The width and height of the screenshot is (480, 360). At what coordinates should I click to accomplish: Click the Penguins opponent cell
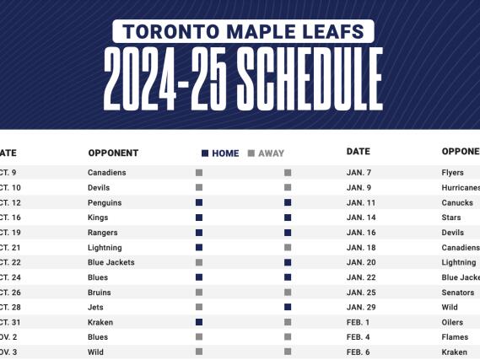[x=105, y=202]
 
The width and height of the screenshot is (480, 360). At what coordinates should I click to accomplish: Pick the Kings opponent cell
[x=98, y=218]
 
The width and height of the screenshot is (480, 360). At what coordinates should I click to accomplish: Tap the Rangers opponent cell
[x=103, y=233]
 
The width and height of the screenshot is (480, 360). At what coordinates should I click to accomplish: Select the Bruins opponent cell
[x=100, y=293]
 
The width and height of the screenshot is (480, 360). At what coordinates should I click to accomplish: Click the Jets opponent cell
[x=95, y=307]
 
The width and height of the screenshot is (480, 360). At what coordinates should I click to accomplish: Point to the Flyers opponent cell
[x=453, y=173]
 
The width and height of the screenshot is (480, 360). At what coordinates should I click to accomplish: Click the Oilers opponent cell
[x=453, y=322]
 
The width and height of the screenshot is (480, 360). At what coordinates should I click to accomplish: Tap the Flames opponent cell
[x=456, y=336]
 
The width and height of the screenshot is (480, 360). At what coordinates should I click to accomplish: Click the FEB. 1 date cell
[x=358, y=322]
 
